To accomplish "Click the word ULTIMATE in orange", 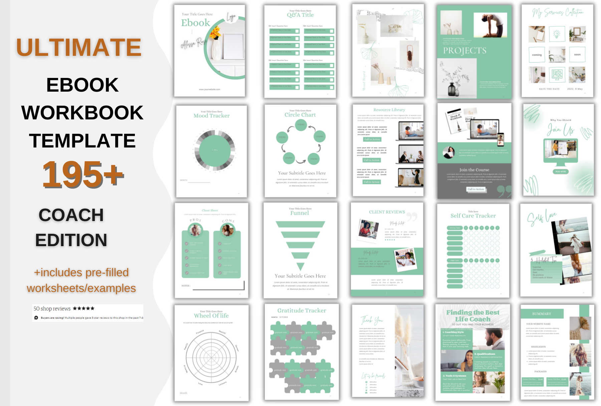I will (x=79, y=47).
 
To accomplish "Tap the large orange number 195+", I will (x=82, y=174).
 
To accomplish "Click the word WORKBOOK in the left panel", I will (x=82, y=113).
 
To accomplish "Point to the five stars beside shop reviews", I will (x=83, y=308).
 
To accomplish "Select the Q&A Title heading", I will (x=300, y=15).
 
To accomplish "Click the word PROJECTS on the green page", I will (x=464, y=50).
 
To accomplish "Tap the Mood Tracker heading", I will (x=211, y=116).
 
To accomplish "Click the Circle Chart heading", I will (x=300, y=115).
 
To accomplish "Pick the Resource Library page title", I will (x=389, y=110).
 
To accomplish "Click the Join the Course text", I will (x=474, y=170).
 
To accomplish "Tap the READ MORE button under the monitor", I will (x=561, y=172).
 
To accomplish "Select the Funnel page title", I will (x=299, y=213).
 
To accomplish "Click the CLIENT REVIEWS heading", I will (x=387, y=212).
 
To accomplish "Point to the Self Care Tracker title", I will (x=473, y=216).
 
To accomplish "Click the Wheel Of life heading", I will (x=211, y=316).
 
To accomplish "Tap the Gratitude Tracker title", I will (x=302, y=310).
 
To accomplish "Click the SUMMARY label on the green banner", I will (x=541, y=314).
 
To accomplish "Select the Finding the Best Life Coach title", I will (x=472, y=315).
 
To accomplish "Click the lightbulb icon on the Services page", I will (x=557, y=34).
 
